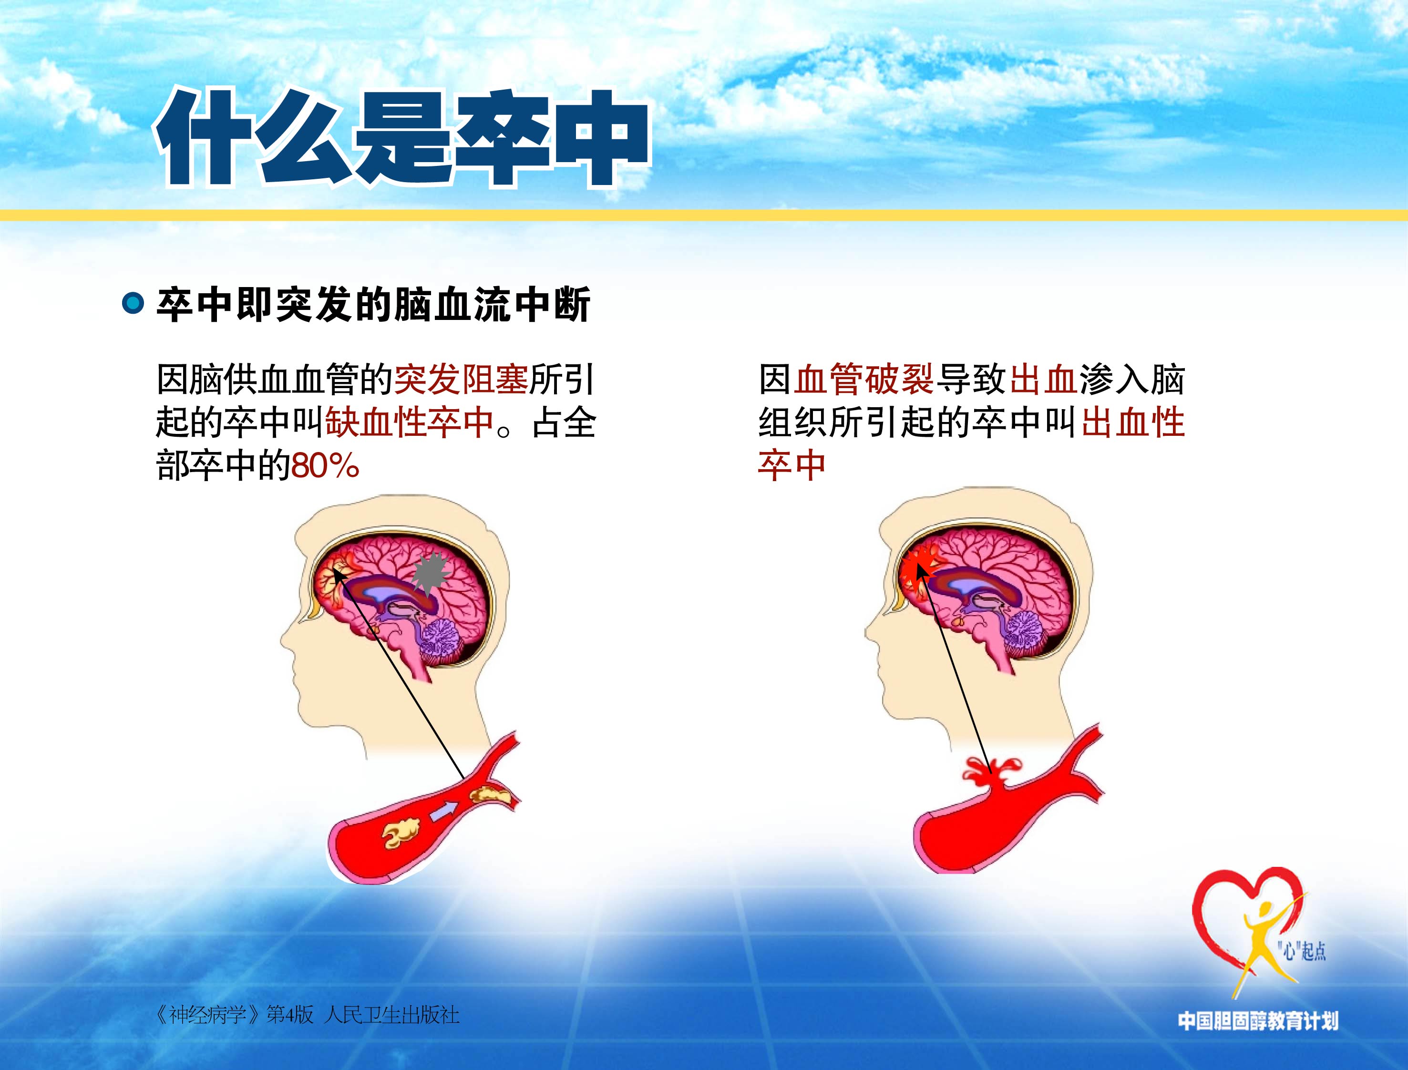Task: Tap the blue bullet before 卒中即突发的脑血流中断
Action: [x=133, y=303]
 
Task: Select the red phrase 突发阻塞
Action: [x=462, y=380]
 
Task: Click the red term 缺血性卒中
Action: [x=410, y=422]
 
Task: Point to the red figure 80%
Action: [x=325, y=465]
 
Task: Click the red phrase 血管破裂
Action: [x=863, y=380]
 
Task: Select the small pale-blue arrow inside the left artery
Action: [x=444, y=812]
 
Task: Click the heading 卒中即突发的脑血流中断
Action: [x=373, y=304]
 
